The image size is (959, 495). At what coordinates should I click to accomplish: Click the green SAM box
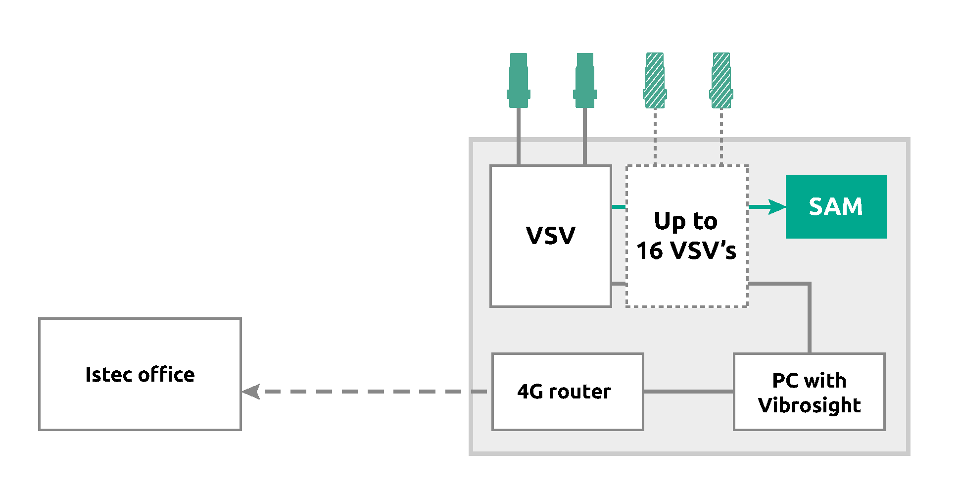[x=836, y=207]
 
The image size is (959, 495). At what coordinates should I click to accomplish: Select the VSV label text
[x=551, y=236]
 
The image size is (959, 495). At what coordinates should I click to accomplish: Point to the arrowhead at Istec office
[x=251, y=392]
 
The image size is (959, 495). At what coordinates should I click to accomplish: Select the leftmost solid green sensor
[x=518, y=81]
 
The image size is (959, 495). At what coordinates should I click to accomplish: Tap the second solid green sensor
[x=584, y=81]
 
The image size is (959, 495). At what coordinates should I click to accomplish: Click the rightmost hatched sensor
[x=721, y=81]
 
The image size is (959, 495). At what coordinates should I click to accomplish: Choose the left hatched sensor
[x=655, y=81]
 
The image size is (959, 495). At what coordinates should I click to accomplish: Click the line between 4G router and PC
[x=688, y=392]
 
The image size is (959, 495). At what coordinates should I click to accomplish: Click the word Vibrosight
[x=809, y=405]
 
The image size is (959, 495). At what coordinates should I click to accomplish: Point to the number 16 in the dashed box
[x=649, y=251]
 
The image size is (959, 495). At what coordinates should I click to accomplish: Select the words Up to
[x=686, y=221]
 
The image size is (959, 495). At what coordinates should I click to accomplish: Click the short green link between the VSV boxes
[x=619, y=207]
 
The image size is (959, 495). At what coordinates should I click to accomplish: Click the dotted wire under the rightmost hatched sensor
[x=721, y=136]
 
